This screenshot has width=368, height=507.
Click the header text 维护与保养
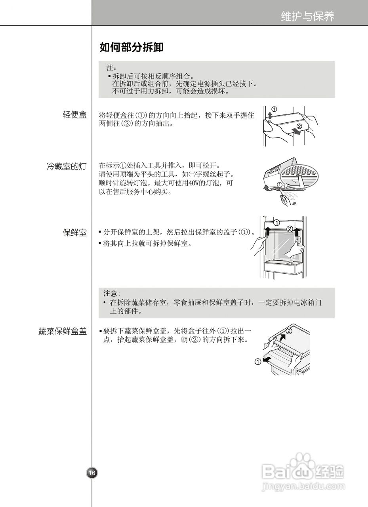tap(307, 16)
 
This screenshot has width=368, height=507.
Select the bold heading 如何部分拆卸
tap(131, 48)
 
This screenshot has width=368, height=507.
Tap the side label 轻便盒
tap(74, 115)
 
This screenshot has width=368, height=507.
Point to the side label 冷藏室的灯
tap(66, 166)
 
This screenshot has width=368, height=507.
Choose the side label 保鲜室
tap(74, 233)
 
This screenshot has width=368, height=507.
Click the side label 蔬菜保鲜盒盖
tap(63, 332)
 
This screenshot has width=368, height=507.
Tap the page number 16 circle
tap(92, 473)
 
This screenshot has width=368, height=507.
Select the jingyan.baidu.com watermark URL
tap(303, 485)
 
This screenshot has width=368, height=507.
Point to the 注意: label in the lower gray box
tap(111, 294)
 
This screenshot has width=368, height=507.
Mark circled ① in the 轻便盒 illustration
tap(274, 109)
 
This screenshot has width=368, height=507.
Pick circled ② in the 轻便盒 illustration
tap(299, 126)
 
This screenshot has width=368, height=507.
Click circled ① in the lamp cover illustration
tap(280, 185)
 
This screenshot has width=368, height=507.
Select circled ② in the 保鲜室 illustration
tap(290, 229)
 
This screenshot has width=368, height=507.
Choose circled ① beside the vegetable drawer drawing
tap(258, 362)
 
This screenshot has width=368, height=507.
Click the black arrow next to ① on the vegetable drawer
tap(268, 359)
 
